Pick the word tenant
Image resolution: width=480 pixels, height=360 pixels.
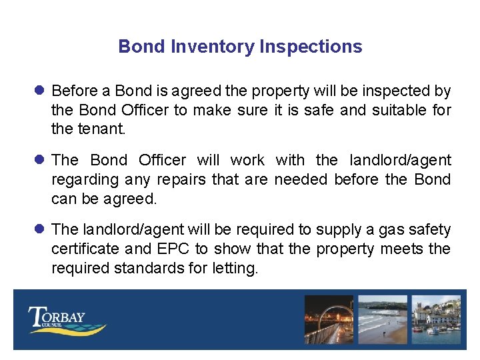[x=99, y=129]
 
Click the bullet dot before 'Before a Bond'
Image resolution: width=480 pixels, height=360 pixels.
[x=39, y=91]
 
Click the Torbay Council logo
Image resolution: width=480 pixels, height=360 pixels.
[x=66, y=320]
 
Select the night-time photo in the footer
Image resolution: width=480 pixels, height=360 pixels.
[x=329, y=319]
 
